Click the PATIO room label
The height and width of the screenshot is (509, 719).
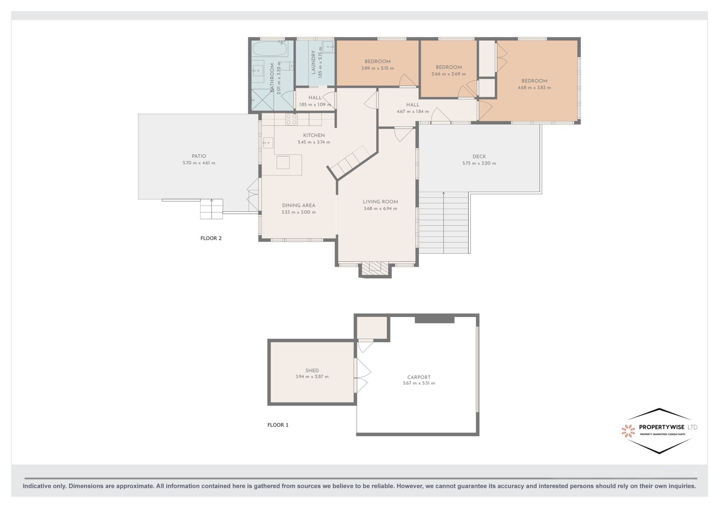[x=199, y=156]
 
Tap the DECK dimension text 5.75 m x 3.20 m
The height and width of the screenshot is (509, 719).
[x=479, y=163]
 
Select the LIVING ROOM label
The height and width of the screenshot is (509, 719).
[x=380, y=202]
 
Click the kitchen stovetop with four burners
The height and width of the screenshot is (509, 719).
[x=291, y=119]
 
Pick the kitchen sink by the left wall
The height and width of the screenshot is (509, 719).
[x=268, y=143]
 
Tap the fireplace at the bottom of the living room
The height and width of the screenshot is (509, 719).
[x=375, y=268]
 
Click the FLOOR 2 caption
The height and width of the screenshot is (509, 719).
[x=211, y=238]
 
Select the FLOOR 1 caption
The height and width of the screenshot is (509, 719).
[x=278, y=425]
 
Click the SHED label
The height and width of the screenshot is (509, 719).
[x=312, y=370]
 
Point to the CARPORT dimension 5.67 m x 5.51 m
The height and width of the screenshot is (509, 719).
[x=419, y=383]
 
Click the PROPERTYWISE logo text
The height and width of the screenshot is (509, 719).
[x=662, y=427]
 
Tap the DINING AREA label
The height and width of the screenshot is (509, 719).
[x=298, y=205]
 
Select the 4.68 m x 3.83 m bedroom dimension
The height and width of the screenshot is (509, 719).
[x=534, y=87]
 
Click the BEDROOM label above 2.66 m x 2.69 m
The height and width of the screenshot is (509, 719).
[x=448, y=67]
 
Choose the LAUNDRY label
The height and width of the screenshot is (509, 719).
[x=314, y=63]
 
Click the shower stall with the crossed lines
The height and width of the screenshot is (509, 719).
[x=262, y=100]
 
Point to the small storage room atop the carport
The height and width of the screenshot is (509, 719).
[x=372, y=327]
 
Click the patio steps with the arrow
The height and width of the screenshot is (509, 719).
[x=212, y=209]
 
